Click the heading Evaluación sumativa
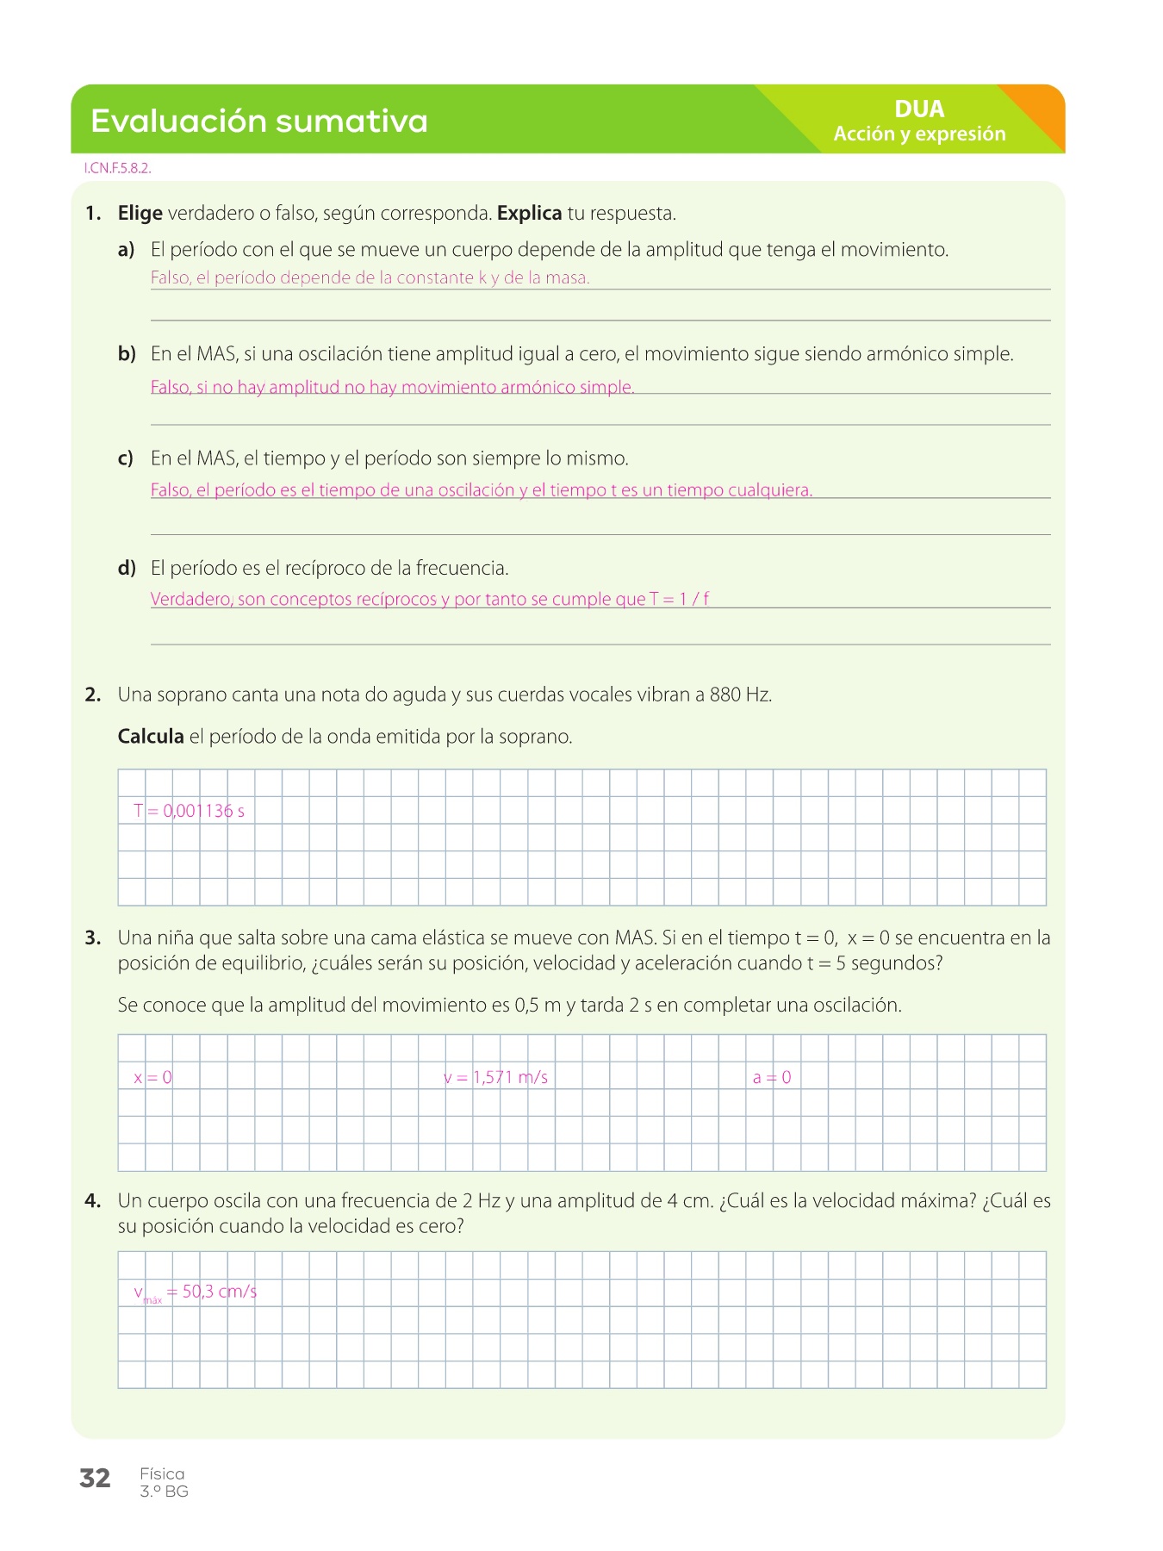(x=258, y=121)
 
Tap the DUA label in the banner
(x=919, y=109)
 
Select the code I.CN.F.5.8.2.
(x=117, y=169)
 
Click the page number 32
(x=95, y=1479)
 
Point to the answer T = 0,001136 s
(x=190, y=811)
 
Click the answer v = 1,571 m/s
(x=496, y=1077)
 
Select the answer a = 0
(x=772, y=1077)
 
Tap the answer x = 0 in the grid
(x=152, y=1077)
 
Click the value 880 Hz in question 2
(x=740, y=695)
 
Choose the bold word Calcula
(x=151, y=737)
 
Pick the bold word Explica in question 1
(x=529, y=213)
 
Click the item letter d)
(x=127, y=568)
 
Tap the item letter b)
(x=127, y=353)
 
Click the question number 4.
(x=93, y=1201)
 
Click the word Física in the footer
(x=162, y=1474)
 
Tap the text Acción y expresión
(x=919, y=134)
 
